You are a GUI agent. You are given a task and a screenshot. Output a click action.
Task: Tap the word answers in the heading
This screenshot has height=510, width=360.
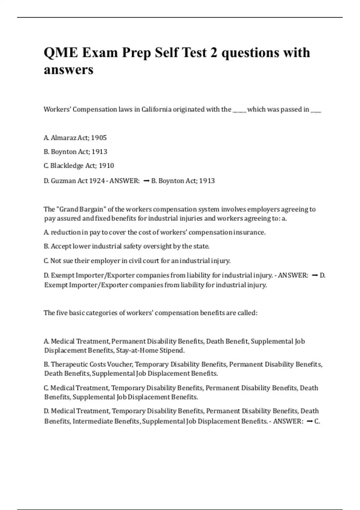coord(69,70)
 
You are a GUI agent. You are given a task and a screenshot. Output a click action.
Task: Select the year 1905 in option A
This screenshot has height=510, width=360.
coord(99,138)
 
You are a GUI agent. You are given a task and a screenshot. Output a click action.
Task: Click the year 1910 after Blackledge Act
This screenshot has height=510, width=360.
coord(106,166)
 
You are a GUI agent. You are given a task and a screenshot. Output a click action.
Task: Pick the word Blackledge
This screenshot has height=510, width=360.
coord(67,166)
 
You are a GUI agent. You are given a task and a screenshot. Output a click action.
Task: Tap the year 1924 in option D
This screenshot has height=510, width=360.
coord(97,181)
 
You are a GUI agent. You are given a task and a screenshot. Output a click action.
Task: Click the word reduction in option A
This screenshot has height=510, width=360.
coord(65,232)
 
